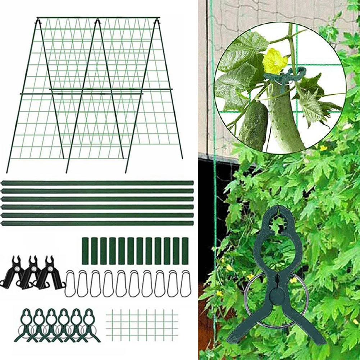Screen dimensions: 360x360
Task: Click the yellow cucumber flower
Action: [275, 61]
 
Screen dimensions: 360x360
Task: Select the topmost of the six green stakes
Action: [97, 183]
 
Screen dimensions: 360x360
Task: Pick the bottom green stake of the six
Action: [97, 223]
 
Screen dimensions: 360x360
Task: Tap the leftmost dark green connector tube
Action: [85, 251]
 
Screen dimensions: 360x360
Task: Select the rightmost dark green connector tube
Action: [185, 251]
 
